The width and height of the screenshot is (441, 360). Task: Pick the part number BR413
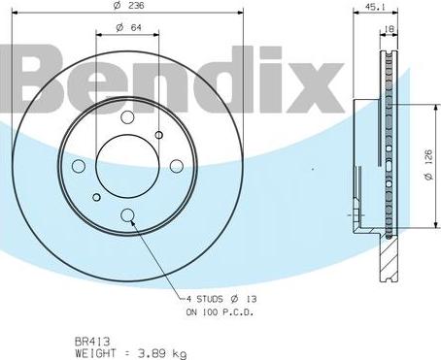[90, 340]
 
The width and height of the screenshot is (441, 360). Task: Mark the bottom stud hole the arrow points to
[128, 215]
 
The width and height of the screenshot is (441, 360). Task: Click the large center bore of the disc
[128, 166]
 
